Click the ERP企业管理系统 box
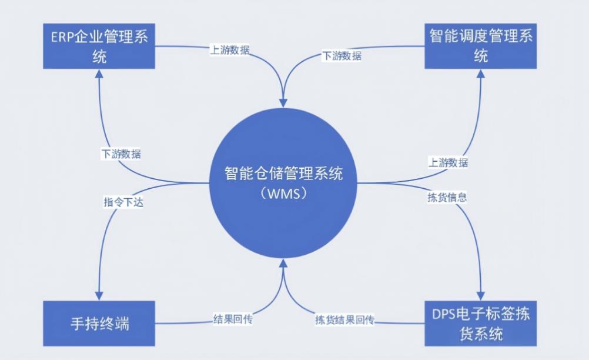click(x=99, y=46)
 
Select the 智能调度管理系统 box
click(x=481, y=46)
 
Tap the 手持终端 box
click(x=99, y=324)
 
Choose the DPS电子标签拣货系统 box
click(x=481, y=324)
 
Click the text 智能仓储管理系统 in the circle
click(x=283, y=174)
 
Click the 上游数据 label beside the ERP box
click(x=230, y=50)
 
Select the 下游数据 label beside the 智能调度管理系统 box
click(x=342, y=56)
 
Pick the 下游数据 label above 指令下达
click(x=121, y=154)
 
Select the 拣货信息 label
click(x=447, y=198)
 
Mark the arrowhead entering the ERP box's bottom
click(x=99, y=74)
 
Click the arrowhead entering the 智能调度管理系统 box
click(x=481, y=74)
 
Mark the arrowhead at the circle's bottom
click(x=283, y=264)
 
